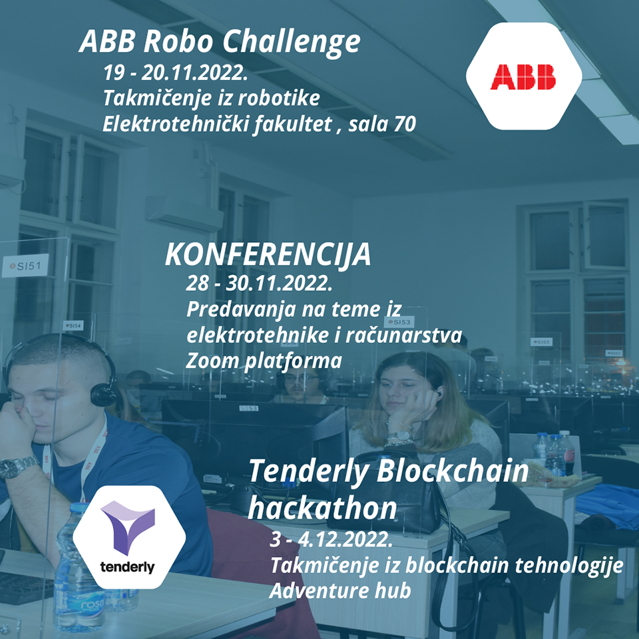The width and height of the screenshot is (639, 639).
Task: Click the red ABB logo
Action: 523,77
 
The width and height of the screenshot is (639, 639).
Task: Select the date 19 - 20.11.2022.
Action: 176,73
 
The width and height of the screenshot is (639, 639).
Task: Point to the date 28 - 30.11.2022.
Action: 259,283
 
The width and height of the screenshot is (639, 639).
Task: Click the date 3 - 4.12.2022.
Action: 331,539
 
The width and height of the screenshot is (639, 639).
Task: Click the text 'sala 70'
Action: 382,124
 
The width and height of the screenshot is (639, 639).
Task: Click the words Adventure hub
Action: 340,591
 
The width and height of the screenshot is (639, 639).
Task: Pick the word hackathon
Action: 322,508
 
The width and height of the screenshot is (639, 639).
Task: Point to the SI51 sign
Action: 25,266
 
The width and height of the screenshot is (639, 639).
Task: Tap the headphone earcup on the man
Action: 103,393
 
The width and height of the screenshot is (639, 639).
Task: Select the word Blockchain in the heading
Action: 453,471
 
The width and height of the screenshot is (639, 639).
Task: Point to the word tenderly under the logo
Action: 127,567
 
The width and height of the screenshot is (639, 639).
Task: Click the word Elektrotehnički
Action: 176,124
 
